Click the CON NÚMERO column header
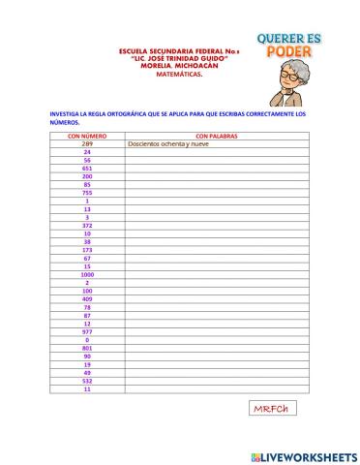click(87, 137)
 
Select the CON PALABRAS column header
click(216, 137)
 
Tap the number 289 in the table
click(87, 144)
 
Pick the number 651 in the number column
click(87, 169)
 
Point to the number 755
click(87, 193)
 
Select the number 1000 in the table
click(87, 274)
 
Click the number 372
click(87, 225)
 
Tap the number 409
click(87, 299)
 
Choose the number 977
click(87, 331)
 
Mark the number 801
click(87, 348)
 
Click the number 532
click(87, 381)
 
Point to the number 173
click(87, 250)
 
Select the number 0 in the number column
click(87, 340)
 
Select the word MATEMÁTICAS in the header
click(166, 72)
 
